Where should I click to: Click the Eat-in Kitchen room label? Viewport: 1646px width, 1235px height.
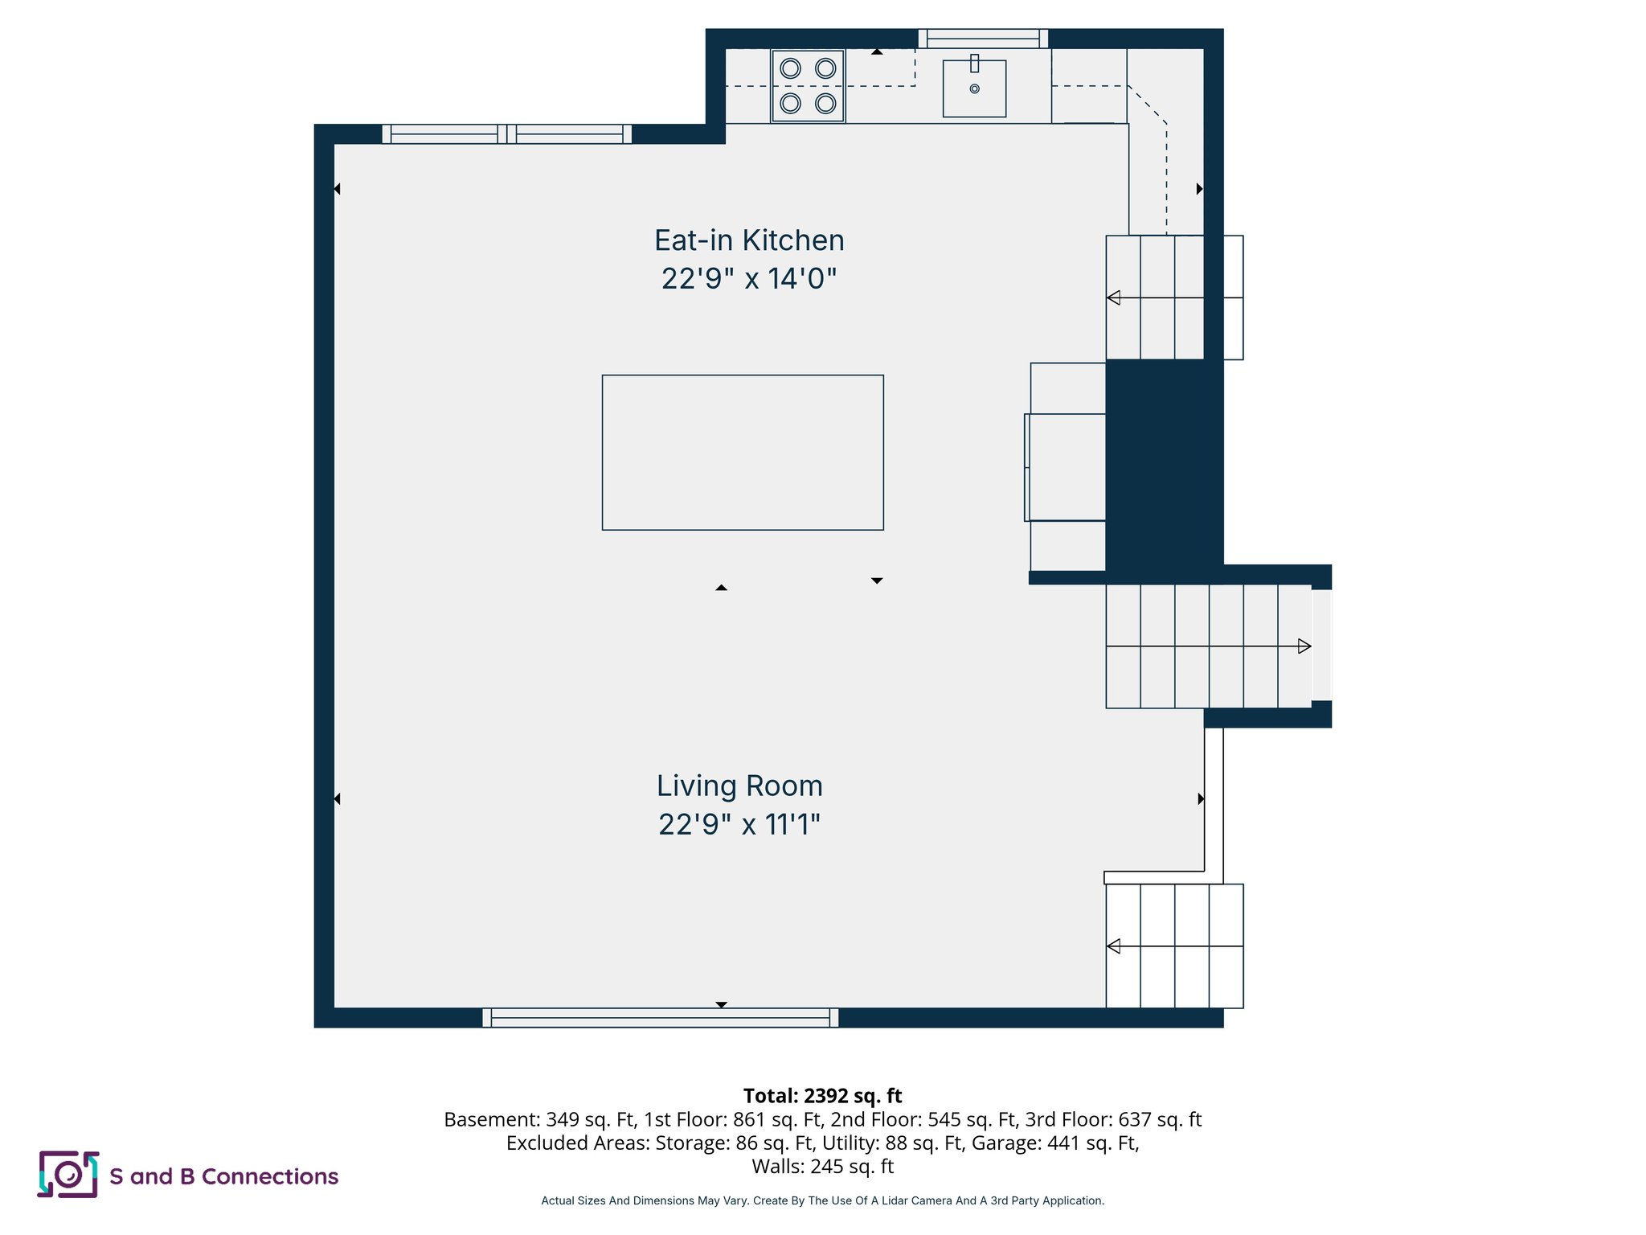click(749, 240)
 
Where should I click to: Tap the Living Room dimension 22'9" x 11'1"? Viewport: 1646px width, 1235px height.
click(739, 825)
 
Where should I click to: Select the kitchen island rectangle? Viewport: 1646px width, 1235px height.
click(743, 452)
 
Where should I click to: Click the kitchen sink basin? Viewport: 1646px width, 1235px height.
click(974, 92)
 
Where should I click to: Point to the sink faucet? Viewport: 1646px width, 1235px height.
click(974, 64)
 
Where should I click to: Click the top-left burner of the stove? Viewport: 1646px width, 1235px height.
click(791, 68)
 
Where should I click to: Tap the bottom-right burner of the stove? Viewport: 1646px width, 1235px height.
click(825, 103)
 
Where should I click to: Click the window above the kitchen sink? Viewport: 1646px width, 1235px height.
click(983, 38)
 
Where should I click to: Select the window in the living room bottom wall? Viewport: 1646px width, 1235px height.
click(660, 1018)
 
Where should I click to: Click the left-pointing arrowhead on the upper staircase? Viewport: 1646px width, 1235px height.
click(1114, 297)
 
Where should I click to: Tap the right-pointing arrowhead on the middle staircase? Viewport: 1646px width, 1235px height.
click(1304, 646)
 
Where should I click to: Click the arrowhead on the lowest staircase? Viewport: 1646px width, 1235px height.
click(1114, 946)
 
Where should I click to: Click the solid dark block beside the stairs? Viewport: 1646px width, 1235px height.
click(1164, 462)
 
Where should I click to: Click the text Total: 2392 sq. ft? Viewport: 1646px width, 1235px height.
click(822, 1096)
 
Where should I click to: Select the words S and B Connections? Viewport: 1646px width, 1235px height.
click(223, 1176)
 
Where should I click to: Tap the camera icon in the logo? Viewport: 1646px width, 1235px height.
click(68, 1175)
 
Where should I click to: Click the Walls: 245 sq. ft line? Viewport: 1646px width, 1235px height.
click(822, 1166)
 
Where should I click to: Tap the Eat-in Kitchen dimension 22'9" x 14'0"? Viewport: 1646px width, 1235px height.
click(749, 279)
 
